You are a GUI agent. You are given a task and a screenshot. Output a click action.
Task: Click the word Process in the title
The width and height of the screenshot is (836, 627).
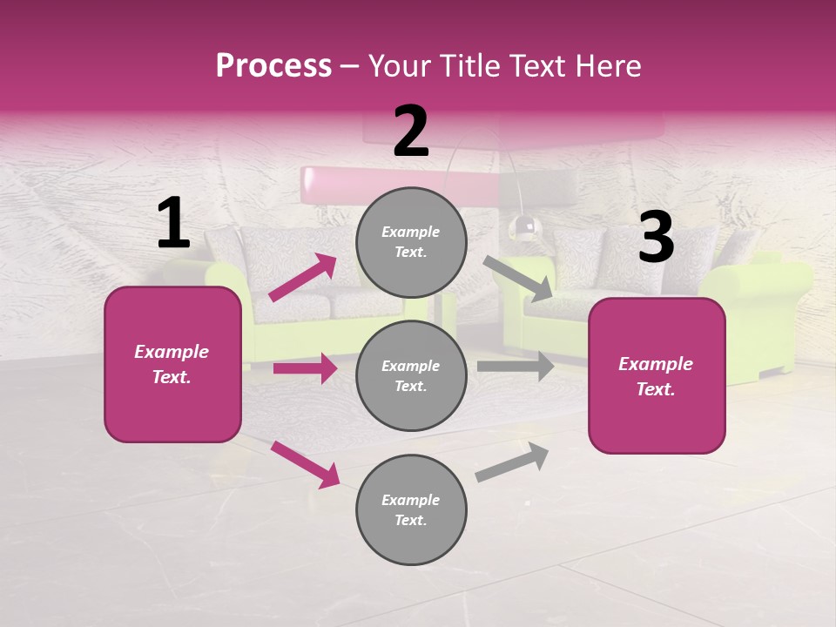coord(273,66)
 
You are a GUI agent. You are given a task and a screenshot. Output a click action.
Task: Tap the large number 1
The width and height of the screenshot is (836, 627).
coord(173,224)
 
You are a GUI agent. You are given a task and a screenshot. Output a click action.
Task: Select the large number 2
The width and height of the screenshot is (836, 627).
coord(411,131)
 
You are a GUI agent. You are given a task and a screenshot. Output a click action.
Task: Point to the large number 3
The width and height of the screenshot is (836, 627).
coord(656,238)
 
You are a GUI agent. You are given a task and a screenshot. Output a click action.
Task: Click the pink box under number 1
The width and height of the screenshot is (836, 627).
coord(172,364)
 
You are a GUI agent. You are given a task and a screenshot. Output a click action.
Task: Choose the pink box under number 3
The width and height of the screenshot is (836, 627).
coord(657,375)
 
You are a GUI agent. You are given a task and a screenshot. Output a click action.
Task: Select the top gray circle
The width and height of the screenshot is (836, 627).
coord(411,242)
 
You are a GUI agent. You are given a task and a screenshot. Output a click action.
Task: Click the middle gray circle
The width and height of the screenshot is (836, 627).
coord(411,375)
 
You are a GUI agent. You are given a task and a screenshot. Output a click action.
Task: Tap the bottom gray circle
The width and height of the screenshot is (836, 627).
coord(411,509)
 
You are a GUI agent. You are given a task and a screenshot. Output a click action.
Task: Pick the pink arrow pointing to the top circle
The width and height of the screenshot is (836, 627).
coord(303,277)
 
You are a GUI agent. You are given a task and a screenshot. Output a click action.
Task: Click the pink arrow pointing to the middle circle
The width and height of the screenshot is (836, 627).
coord(305,368)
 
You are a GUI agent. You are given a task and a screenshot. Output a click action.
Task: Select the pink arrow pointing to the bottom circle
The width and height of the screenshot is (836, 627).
coord(305,464)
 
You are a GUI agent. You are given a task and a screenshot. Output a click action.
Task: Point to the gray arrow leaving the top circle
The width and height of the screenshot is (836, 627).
coord(518,279)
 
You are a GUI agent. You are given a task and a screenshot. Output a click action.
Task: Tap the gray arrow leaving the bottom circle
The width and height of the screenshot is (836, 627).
coord(512,462)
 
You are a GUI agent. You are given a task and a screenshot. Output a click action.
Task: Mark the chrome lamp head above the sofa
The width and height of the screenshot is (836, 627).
coord(525,227)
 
